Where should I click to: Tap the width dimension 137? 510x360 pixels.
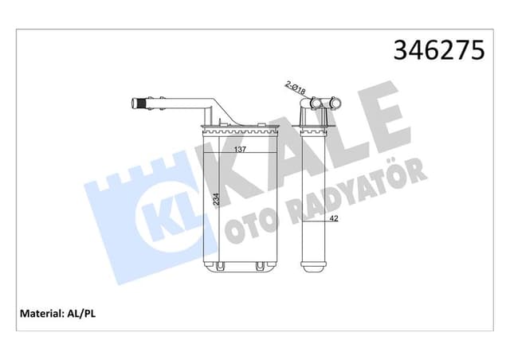[239, 150]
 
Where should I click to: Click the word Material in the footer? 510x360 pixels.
[39, 313]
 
